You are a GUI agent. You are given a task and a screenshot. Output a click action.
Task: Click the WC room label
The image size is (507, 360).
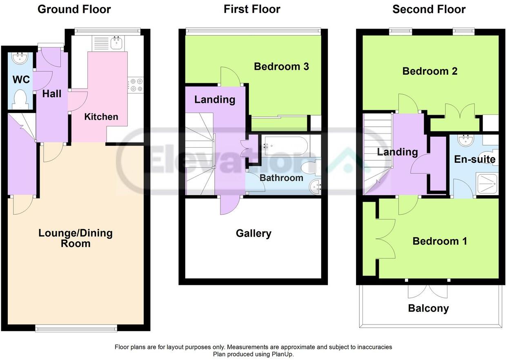pyautogui.click(x=21, y=80)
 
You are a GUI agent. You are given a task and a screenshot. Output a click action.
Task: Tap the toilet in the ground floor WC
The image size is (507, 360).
pyautogui.click(x=20, y=100)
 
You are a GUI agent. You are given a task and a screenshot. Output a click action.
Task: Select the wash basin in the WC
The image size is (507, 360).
pyautogui.click(x=20, y=58)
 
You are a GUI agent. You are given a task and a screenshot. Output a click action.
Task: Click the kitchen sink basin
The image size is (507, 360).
pyautogui.click(x=117, y=43)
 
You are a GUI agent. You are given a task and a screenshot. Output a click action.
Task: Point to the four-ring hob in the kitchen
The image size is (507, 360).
pyautogui.click(x=136, y=85)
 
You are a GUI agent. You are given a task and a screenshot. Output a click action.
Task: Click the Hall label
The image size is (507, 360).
pyautogui.click(x=52, y=94)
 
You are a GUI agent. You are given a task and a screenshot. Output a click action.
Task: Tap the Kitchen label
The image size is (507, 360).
pyautogui.click(x=101, y=117)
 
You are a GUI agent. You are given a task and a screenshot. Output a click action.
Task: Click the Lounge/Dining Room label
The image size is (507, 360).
pyautogui.click(x=76, y=238)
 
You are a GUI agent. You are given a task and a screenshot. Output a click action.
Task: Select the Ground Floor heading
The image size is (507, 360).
pyautogui.click(x=74, y=9)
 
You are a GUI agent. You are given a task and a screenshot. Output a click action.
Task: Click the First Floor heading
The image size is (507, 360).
pyautogui.click(x=252, y=9)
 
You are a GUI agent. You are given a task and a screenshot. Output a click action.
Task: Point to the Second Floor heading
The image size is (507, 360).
pyautogui.click(x=429, y=9)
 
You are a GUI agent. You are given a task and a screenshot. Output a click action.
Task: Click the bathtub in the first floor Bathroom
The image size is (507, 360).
pyautogui.click(x=286, y=146)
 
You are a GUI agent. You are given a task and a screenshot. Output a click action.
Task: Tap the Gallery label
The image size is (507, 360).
pyautogui.click(x=253, y=233)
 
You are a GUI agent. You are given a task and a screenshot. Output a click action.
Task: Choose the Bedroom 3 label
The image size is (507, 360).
pyautogui.click(x=281, y=67)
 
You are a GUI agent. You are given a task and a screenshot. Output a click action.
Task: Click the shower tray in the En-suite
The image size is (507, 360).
pyautogui.click(x=487, y=184)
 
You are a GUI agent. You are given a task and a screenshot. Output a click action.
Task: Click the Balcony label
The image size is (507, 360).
pyautogui.click(x=429, y=309)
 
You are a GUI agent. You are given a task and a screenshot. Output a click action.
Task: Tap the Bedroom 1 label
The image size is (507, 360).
pyautogui.click(x=440, y=241)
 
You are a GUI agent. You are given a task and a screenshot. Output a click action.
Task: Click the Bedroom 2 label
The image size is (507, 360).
pyautogui.click(x=430, y=71)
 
